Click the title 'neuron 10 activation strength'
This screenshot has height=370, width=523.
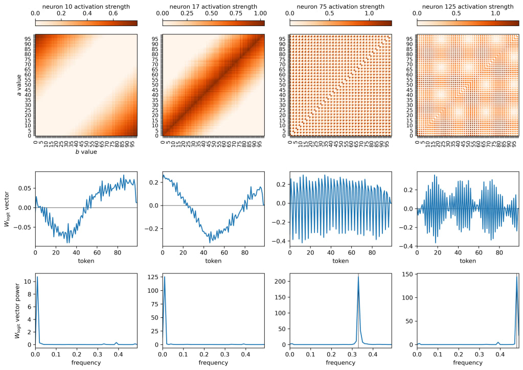[86, 6]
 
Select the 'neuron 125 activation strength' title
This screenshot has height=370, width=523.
[468, 6]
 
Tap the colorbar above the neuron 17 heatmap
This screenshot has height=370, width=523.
[213, 22]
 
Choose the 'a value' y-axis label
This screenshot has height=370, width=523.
[19, 85]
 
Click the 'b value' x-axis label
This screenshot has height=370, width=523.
[86, 152]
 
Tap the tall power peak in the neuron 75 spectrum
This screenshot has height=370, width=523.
[358, 276]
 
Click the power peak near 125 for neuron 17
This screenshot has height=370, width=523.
[165, 277]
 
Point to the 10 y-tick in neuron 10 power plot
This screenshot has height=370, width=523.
[28, 281]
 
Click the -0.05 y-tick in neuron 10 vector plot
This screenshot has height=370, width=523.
[24, 227]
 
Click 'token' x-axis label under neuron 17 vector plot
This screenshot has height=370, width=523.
[213, 261]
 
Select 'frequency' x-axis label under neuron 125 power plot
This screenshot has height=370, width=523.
[468, 362]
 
